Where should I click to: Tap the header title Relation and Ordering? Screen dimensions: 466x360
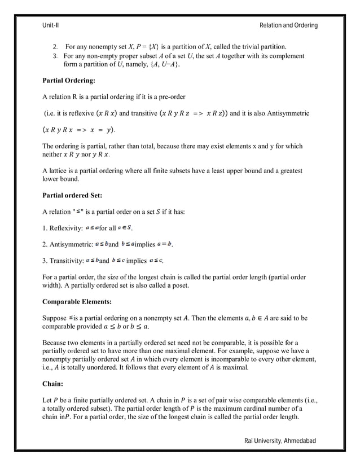point(288,25)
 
